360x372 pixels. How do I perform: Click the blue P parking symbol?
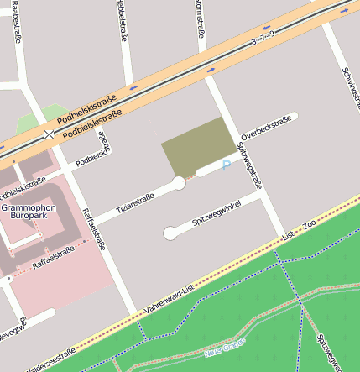tap(226, 166)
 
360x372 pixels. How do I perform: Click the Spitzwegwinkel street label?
tap(216, 214)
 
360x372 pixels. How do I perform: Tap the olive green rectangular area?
tap(197, 146)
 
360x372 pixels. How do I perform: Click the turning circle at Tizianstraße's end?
tap(179, 183)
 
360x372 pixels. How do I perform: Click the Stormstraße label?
tap(200, 18)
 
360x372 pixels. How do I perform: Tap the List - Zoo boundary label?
tap(299, 230)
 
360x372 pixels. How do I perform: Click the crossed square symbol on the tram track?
tap(50, 134)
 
